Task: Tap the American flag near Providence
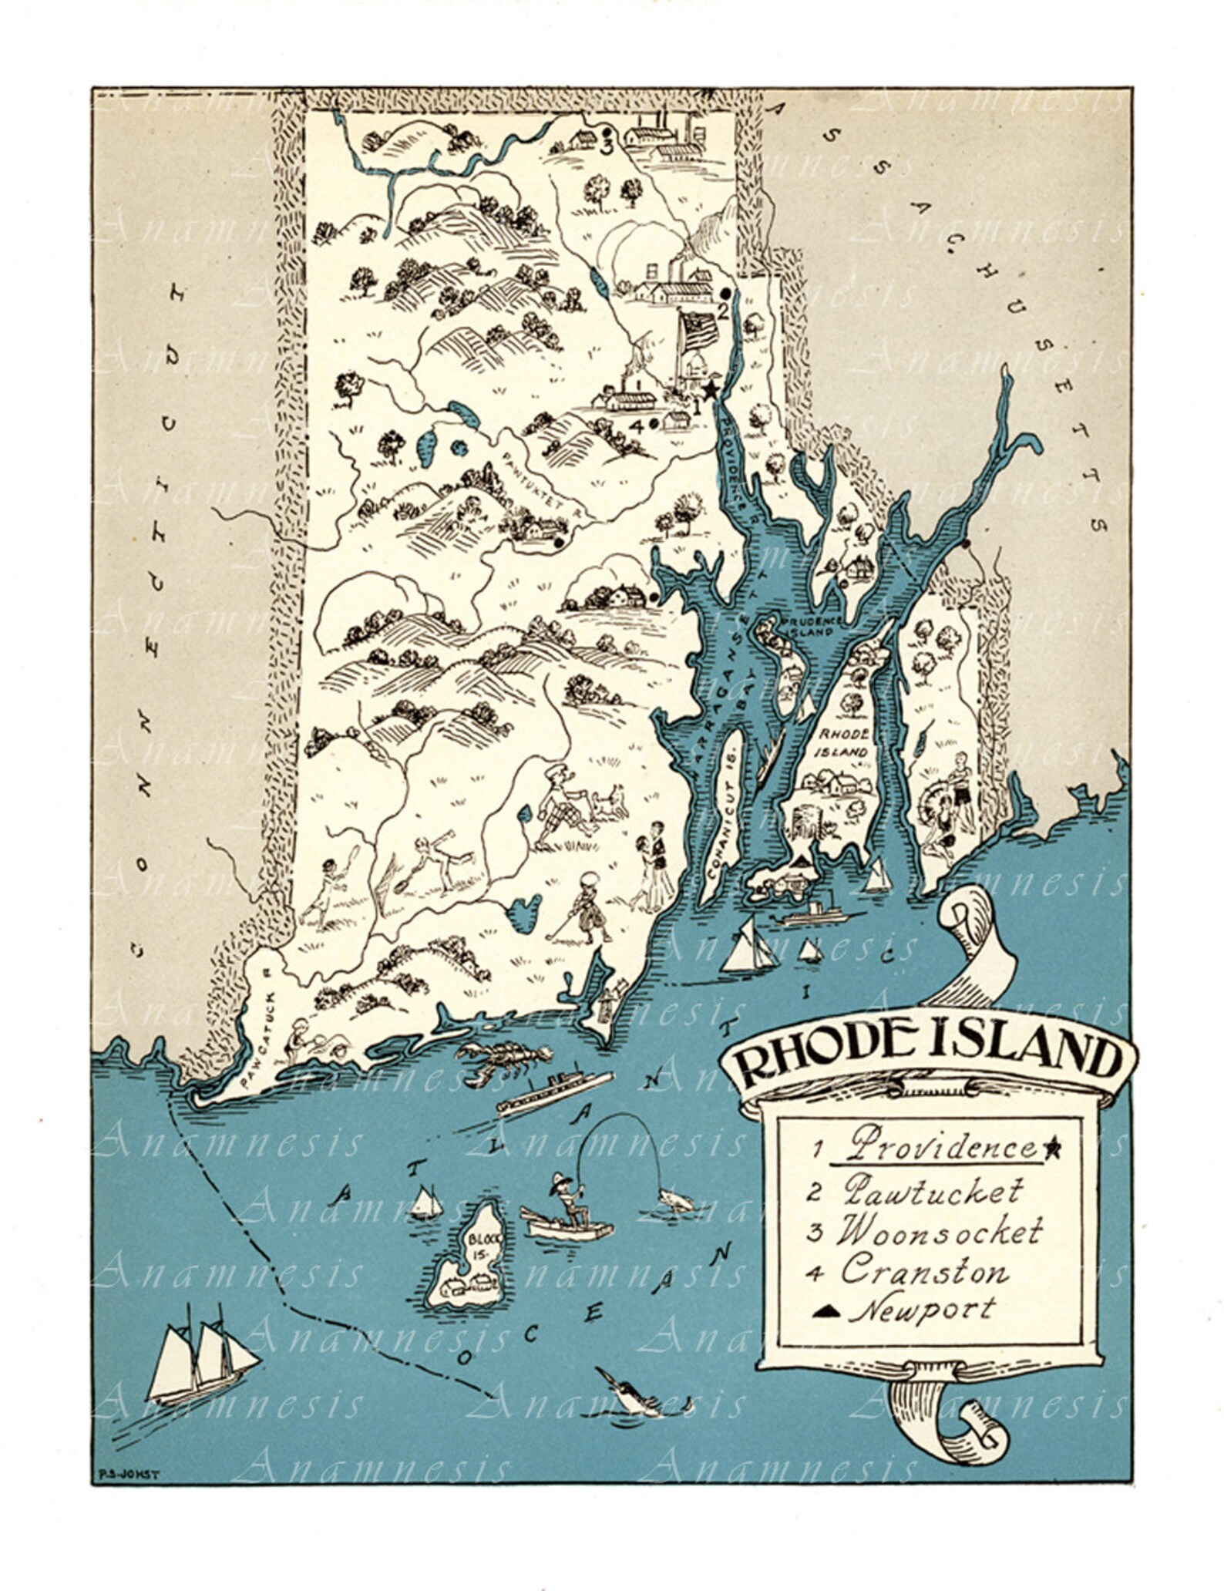698,329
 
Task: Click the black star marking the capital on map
710,390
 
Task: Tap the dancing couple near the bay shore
651,864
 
